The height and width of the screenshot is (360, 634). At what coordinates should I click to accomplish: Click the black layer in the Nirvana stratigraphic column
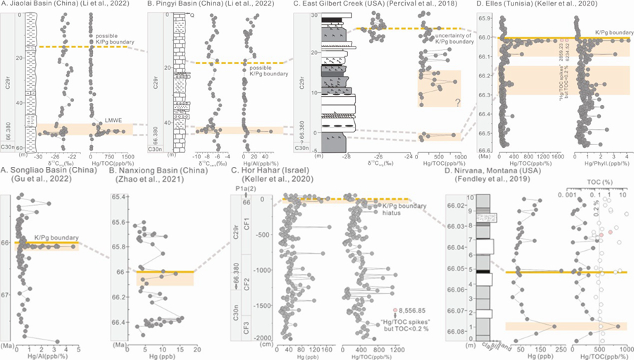pos(483,272)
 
